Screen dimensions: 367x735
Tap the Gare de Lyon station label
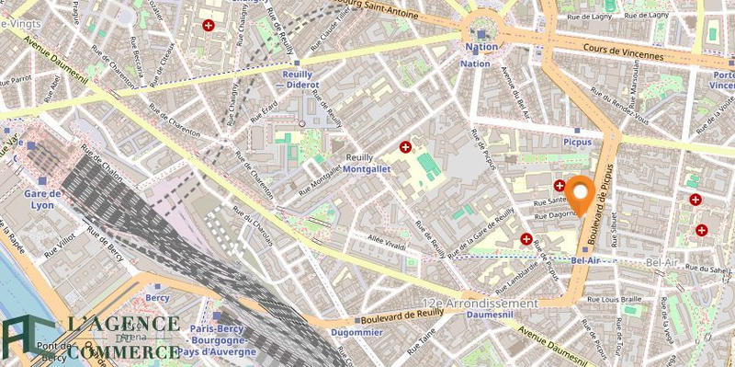(x=42, y=201)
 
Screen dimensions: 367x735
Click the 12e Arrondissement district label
(x=480, y=303)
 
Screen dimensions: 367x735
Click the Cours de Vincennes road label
(x=626, y=55)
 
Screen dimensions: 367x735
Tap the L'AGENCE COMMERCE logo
(x=92, y=337)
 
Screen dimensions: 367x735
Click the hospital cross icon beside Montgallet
(x=405, y=147)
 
